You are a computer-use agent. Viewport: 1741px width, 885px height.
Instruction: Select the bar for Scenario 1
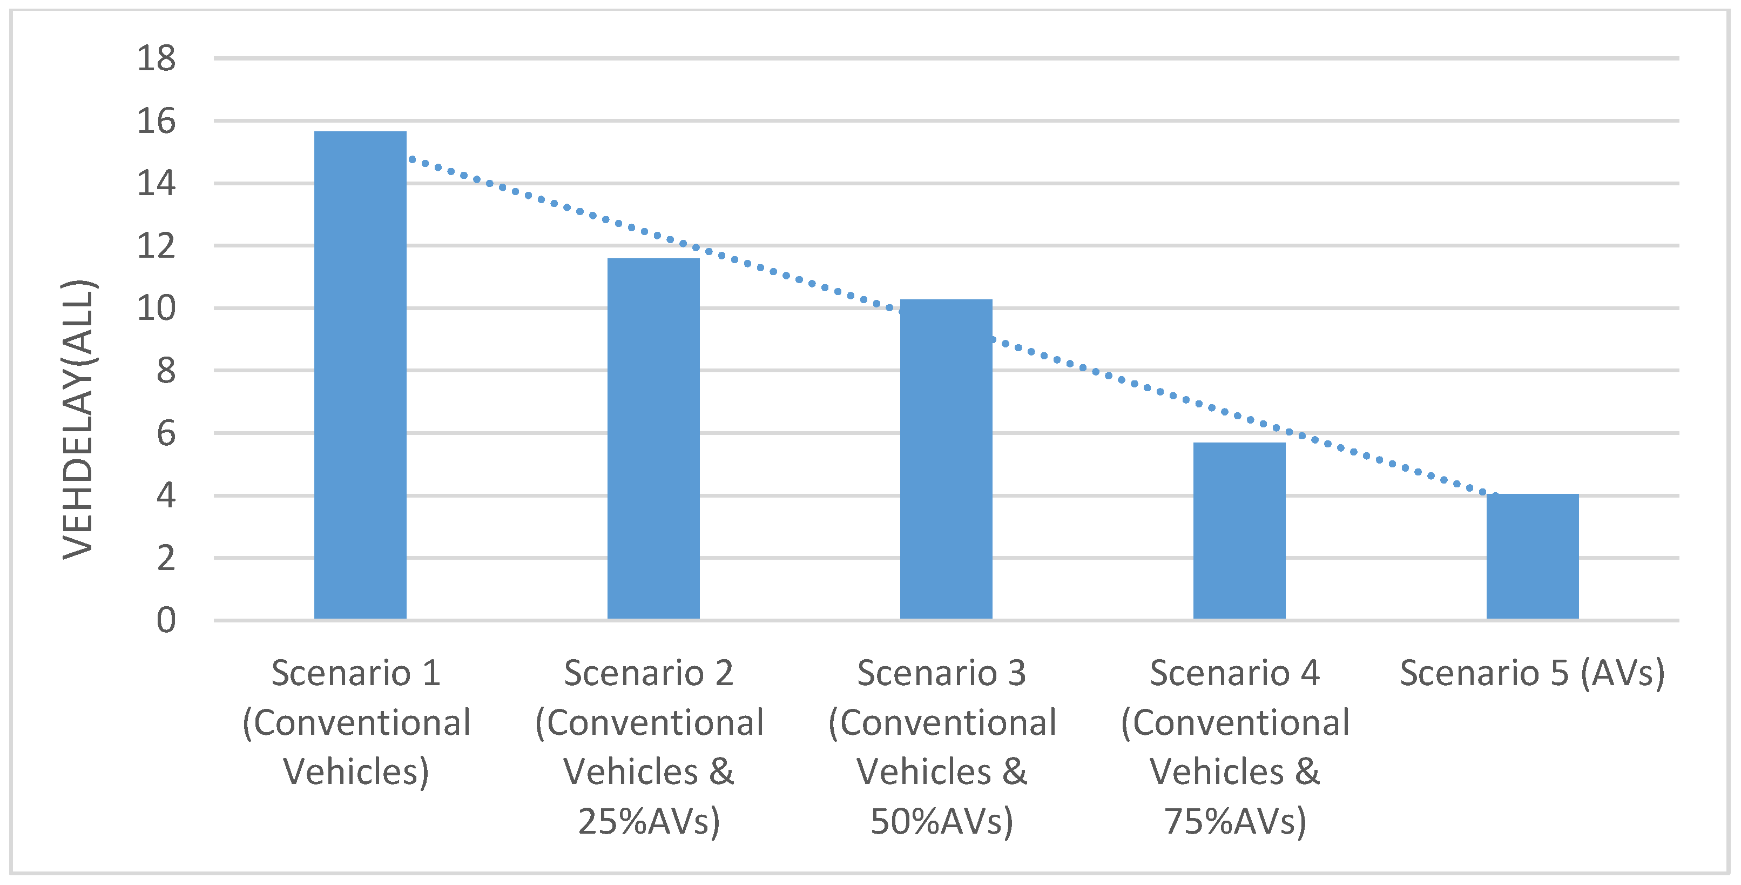click(x=360, y=375)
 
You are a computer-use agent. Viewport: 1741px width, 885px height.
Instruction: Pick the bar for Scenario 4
click(x=1239, y=531)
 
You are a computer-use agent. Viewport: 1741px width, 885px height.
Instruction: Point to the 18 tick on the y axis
click(x=156, y=58)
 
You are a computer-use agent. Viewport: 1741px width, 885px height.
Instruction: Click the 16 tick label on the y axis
click(x=156, y=121)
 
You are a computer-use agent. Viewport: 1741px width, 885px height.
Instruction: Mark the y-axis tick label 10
click(x=156, y=309)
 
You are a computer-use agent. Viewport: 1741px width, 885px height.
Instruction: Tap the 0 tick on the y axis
click(x=166, y=620)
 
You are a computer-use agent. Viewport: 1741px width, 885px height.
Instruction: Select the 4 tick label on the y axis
click(x=166, y=495)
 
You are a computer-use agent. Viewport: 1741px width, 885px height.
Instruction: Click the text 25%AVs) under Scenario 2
click(x=649, y=821)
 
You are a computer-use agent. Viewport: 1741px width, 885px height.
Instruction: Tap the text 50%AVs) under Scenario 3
click(x=941, y=821)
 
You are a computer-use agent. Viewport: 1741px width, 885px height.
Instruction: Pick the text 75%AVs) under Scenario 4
click(x=1235, y=821)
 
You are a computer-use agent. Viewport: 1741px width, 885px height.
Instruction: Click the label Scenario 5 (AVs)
click(x=1531, y=673)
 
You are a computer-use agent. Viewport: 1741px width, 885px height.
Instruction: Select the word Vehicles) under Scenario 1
click(x=356, y=772)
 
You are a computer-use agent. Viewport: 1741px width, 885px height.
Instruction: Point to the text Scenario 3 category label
click(x=941, y=673)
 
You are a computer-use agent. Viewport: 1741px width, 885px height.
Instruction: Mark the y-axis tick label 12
click(x=156, y=246)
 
